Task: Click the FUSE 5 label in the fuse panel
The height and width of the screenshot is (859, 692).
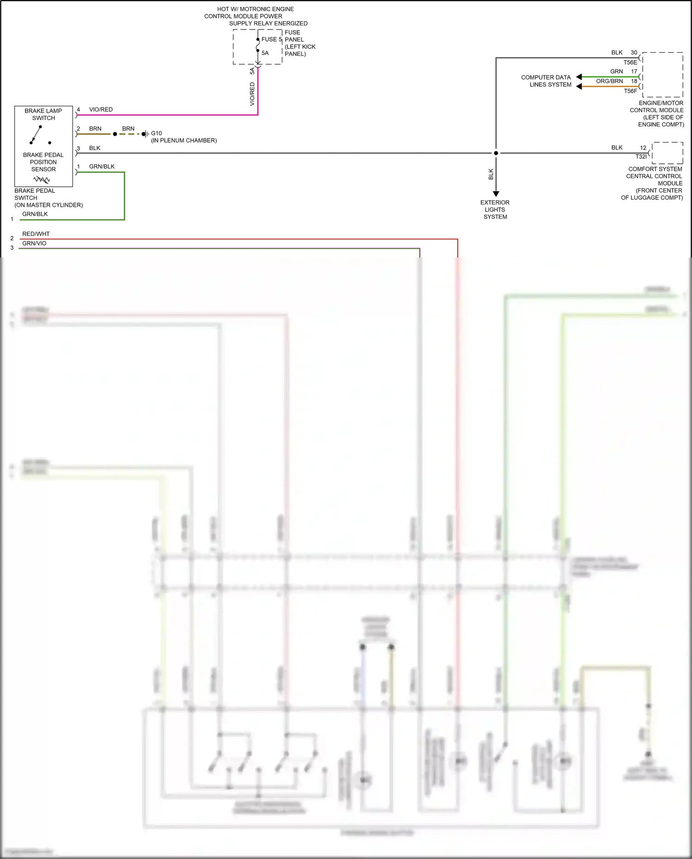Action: click(x=271, y=40)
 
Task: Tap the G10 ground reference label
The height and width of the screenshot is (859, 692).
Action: click(x=156, y=133)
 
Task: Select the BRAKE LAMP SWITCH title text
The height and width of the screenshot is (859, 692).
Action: click(x=43, y=114)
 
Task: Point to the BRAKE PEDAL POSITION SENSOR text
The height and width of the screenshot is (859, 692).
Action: click(x=43, y=162)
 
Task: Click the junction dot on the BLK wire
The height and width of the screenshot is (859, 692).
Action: click(x=496, y=153)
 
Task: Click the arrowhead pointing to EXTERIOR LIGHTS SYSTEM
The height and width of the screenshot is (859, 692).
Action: click(x=496, y=194)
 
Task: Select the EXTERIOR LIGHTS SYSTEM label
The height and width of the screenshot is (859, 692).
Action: click(x=495, y=210)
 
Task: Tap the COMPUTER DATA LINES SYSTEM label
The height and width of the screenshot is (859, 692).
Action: click(x=546, y=81)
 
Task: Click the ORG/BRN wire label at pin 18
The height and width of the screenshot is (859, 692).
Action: click(x=609, y=81)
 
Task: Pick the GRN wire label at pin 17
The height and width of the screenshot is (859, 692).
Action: click(x=616, y=72)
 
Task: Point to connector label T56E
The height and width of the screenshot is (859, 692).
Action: click(x=630, y=62)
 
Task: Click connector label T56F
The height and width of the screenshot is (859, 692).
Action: click(x=630, y=91)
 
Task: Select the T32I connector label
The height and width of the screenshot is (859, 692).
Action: click(x=641, y=156)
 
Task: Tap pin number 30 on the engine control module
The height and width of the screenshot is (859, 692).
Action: click(x=634, y=53)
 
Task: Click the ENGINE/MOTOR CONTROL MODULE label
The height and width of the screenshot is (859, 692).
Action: click(x=657, y=114)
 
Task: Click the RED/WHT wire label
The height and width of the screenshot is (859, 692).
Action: click(x=36, y=234)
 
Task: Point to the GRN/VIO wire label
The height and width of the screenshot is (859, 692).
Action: click(x=34, y=243)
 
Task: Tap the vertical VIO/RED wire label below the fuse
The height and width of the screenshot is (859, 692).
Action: click(x=252, y=94)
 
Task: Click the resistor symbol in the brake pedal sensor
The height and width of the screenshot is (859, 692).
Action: click(x=42, y=180)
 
